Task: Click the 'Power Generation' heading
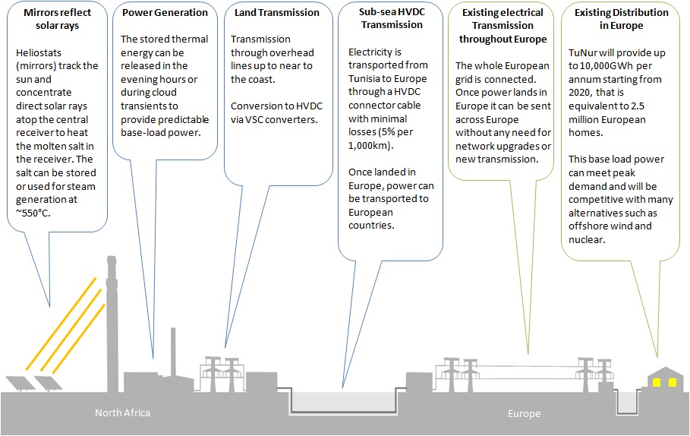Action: click(x=164, y=13)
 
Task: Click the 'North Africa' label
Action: click(x=122, y=413)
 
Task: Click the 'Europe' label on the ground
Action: click(x=524, y=414)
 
